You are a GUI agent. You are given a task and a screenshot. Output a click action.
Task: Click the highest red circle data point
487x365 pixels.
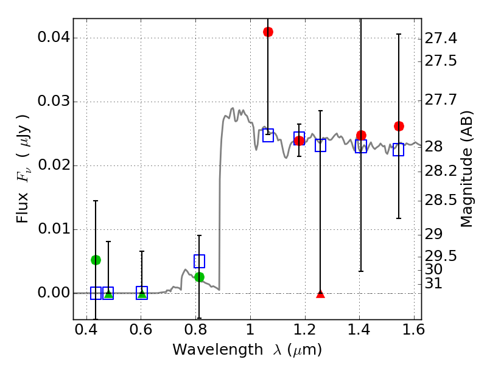click(268, 32)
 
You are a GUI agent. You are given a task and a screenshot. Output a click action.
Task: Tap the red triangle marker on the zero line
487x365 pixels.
click(321, 294)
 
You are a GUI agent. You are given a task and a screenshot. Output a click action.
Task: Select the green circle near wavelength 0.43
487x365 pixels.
click(96, 260)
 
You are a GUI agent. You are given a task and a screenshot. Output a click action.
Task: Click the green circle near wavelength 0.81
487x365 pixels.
click(199, 277)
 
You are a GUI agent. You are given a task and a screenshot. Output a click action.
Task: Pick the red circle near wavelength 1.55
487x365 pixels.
click(399, 126)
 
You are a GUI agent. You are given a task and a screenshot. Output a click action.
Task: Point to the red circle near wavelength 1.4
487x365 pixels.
click(361, 135)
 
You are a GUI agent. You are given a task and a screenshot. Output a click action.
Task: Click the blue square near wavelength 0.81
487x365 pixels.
click(199, 261)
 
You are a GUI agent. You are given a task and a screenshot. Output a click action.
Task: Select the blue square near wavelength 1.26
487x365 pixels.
click(321, 145)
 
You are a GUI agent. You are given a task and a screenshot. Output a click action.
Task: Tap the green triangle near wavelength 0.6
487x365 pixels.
click(142, 294)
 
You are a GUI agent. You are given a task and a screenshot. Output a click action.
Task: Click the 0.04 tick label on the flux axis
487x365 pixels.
click(53, 38)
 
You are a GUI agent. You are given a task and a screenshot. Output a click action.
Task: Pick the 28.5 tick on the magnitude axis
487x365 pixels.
click(441, 201)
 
